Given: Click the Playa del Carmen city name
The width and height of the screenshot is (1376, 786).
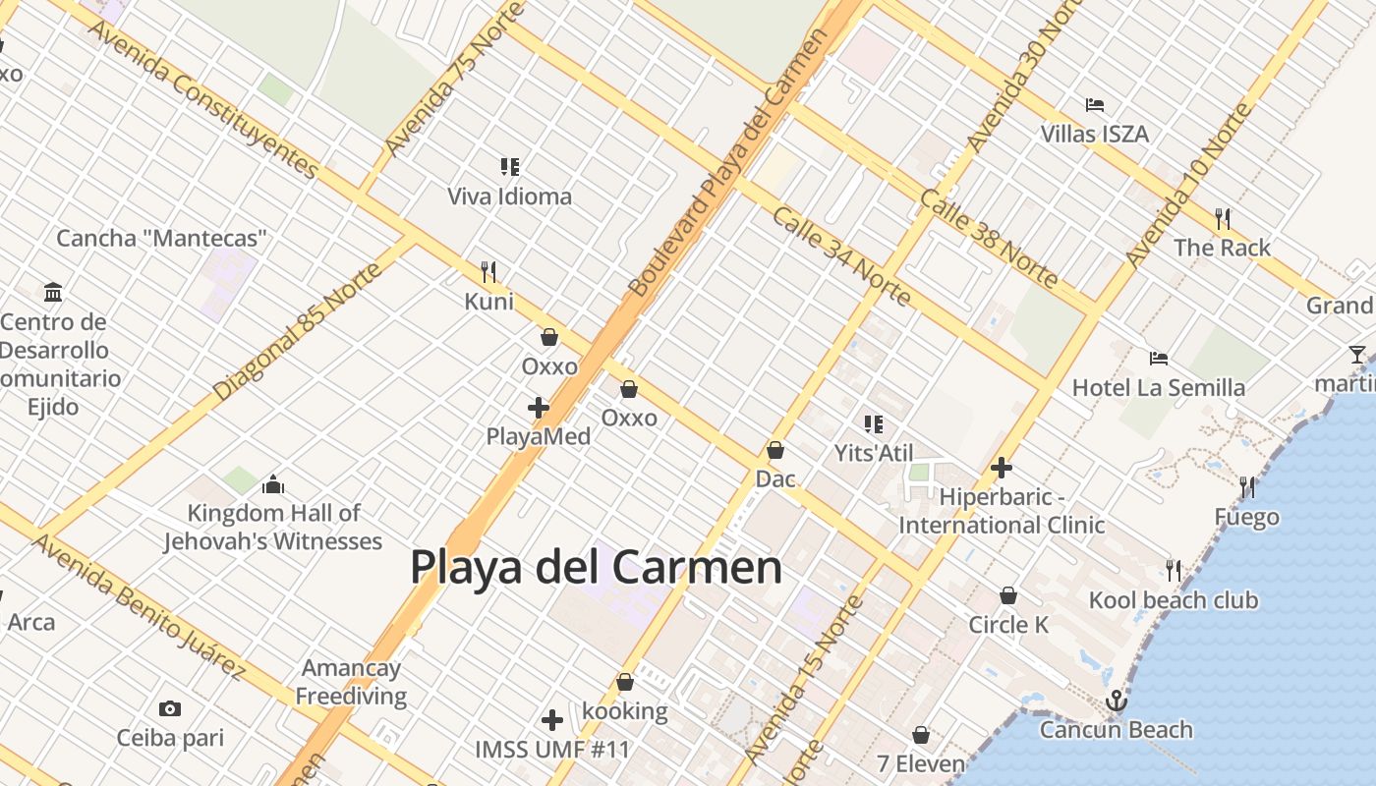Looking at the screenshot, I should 596,568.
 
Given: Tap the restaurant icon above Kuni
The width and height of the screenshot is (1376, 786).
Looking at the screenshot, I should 488,271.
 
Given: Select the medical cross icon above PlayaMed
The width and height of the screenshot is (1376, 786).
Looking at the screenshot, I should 538,407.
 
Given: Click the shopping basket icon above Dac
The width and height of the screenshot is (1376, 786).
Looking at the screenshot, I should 775,450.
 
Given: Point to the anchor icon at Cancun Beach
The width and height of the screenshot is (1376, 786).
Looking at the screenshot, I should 1116,701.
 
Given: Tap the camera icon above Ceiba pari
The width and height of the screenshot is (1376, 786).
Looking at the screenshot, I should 170,708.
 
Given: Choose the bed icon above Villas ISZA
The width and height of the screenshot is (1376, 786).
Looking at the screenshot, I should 1095,104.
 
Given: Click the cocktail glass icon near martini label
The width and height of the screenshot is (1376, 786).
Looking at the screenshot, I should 1357,355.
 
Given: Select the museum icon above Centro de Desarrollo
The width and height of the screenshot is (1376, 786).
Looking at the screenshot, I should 53,292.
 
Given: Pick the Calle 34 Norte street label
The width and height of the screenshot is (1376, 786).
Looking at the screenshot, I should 840,256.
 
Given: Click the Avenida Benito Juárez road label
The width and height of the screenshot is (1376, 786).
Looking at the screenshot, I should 139,606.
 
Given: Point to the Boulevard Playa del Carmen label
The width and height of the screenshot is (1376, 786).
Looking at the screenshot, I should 727,162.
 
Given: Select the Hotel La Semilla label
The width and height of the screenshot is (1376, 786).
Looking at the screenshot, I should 1159,388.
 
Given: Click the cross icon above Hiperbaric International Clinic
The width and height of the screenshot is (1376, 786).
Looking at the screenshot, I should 1002,468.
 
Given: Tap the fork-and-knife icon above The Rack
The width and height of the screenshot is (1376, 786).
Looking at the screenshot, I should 1223,218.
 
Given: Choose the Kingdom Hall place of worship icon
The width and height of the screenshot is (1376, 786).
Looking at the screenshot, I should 273,484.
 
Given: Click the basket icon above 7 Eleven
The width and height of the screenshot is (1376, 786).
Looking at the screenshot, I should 921,734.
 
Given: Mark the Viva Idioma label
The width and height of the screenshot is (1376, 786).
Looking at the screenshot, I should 509,196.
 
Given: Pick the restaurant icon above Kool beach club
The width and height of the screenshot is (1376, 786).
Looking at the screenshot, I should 1173,570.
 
